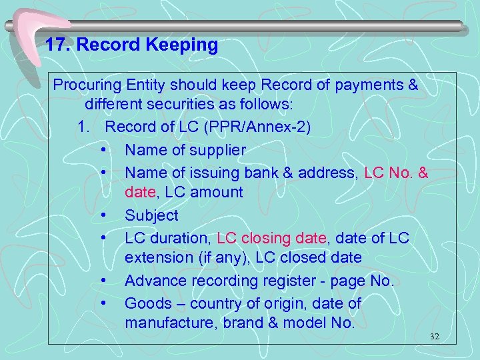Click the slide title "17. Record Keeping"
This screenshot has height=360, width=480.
131,45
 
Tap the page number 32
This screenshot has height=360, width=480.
435,337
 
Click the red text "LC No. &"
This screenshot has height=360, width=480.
397,173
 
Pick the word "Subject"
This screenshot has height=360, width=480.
151,215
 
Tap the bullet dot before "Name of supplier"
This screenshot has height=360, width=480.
105,150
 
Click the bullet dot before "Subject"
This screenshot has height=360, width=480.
105,215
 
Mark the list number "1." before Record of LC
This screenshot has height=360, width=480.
83,127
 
